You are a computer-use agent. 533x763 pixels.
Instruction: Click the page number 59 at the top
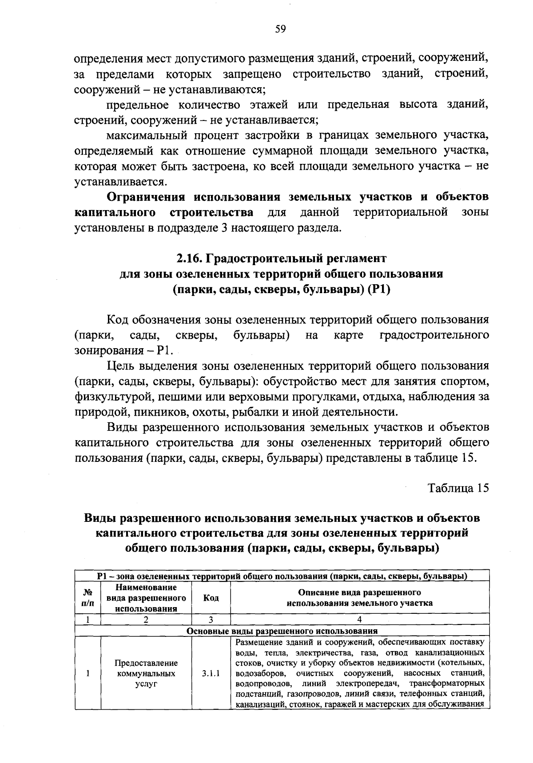click(x=280, y=29)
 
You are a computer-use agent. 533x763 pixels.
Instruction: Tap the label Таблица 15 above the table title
click(x=457, y=488)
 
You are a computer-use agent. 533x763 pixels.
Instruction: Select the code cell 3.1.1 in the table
click(x=211, y=673)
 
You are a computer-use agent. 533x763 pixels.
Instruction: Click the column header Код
click(x=211, y=598)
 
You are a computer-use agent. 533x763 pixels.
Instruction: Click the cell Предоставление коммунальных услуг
click(x=146, y=673)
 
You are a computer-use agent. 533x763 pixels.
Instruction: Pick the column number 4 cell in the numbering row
click(x=359, y=619)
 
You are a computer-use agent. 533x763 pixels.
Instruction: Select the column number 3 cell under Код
click(x=211, y=619)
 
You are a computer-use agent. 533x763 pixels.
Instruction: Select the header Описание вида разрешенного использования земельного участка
click(x=359, y=598)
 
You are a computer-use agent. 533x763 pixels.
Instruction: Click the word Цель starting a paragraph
click(x=120, y=366)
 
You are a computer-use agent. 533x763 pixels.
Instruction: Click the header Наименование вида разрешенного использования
click(x=146, y=598)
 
